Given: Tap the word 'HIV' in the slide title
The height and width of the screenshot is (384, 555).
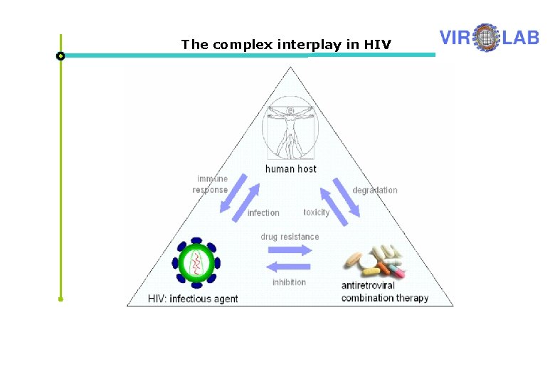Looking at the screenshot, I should tap(378, 45).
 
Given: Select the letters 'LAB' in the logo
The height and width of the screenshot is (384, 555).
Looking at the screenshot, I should tap(519, 37).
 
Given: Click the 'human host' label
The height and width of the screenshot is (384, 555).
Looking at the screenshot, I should tap(290, 169).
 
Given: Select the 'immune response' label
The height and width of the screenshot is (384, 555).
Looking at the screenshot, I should tap(211, 184).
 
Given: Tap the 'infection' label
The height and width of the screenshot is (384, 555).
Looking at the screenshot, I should tap(263, 213).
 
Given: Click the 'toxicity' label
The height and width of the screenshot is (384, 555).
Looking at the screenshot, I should tap(316, 213).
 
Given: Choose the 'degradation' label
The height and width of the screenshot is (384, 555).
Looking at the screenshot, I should tap(375, 190).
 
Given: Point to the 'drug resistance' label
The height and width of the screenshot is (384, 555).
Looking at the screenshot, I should tap(290, 237).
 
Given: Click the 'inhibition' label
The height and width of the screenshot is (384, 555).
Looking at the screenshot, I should tap(289, 282).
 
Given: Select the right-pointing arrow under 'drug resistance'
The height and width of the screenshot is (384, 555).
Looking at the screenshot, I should tap(290, 250).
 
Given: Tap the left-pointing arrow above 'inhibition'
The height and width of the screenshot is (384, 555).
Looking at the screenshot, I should tap(287, 267).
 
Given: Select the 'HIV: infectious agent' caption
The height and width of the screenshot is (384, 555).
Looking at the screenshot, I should tap(193, 299).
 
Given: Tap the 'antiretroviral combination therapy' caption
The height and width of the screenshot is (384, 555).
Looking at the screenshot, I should tap(384, 292).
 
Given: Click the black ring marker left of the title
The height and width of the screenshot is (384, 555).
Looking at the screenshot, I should tap(60, 55).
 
